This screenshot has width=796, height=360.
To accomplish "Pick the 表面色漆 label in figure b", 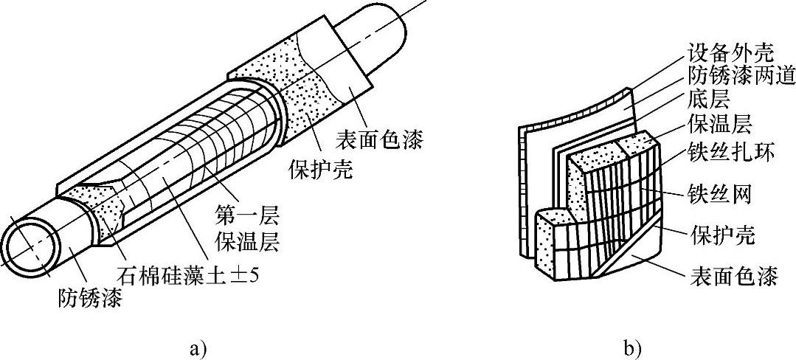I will click(733, 277).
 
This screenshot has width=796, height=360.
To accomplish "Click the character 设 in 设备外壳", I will click(696, 54).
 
